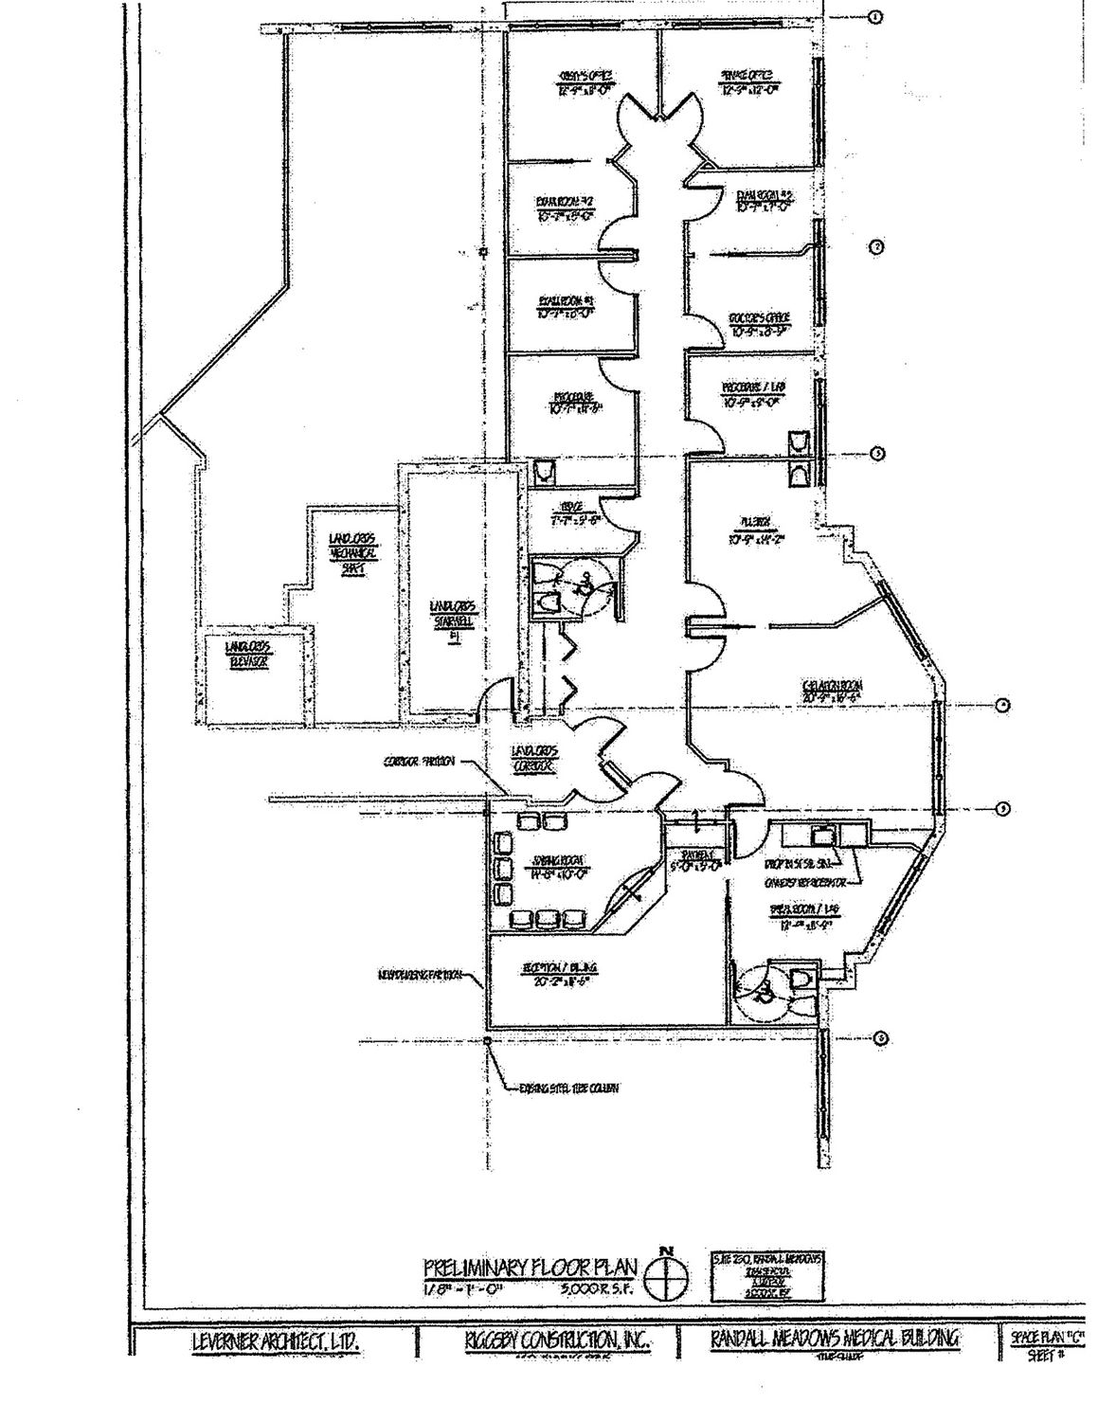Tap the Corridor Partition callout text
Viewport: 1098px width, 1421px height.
pos(420,761)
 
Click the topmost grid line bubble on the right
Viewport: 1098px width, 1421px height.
pos(875,16)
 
